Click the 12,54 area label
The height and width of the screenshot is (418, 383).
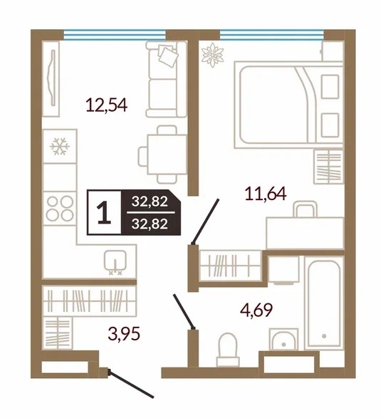[x=107, y=105]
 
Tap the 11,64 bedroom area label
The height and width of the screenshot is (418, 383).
[x=266, y=194]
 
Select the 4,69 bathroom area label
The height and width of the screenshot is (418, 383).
[x=256, y=310]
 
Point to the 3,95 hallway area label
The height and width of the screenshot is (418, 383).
[x=124, y=333]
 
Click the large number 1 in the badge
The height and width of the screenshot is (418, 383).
[x=104, y=212]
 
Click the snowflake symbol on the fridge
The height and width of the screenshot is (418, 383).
[x=60, y=147]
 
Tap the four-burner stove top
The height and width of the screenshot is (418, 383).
[x=60, y=208]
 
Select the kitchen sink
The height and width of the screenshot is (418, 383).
[x=115, y=261]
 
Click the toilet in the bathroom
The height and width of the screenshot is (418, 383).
[x=227, y=349]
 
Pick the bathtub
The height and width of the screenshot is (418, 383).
[x=324, y=303]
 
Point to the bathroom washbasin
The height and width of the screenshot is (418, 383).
[x=283, y=340]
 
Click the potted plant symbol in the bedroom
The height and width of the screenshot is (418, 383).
[x=212, y=55]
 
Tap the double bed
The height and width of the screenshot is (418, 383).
[x=288, y=105]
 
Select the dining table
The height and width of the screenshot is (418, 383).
[x=167, y=155]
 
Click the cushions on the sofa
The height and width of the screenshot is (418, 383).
[x=168, y=56]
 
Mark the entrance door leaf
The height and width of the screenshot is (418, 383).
[x=130, y=384]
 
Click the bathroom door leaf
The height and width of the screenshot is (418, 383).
[x=184, y=311]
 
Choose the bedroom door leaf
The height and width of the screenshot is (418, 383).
[x=206, y=221]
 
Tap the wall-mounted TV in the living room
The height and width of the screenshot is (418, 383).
[x=52, y=78]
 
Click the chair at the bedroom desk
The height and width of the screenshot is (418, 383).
[x=305, y=209]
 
